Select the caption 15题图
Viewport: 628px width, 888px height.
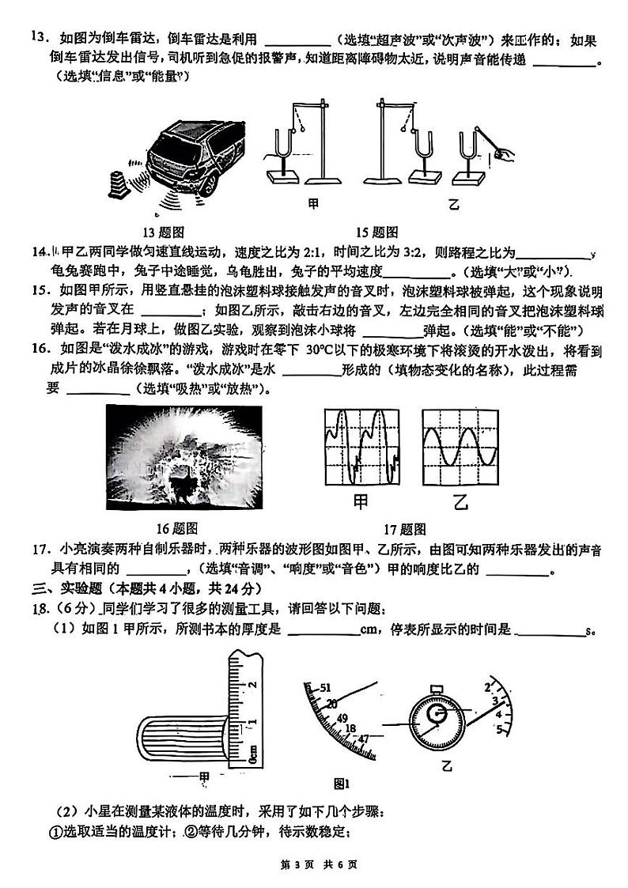[376, 232]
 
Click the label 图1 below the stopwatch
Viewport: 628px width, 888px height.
[342, 784]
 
